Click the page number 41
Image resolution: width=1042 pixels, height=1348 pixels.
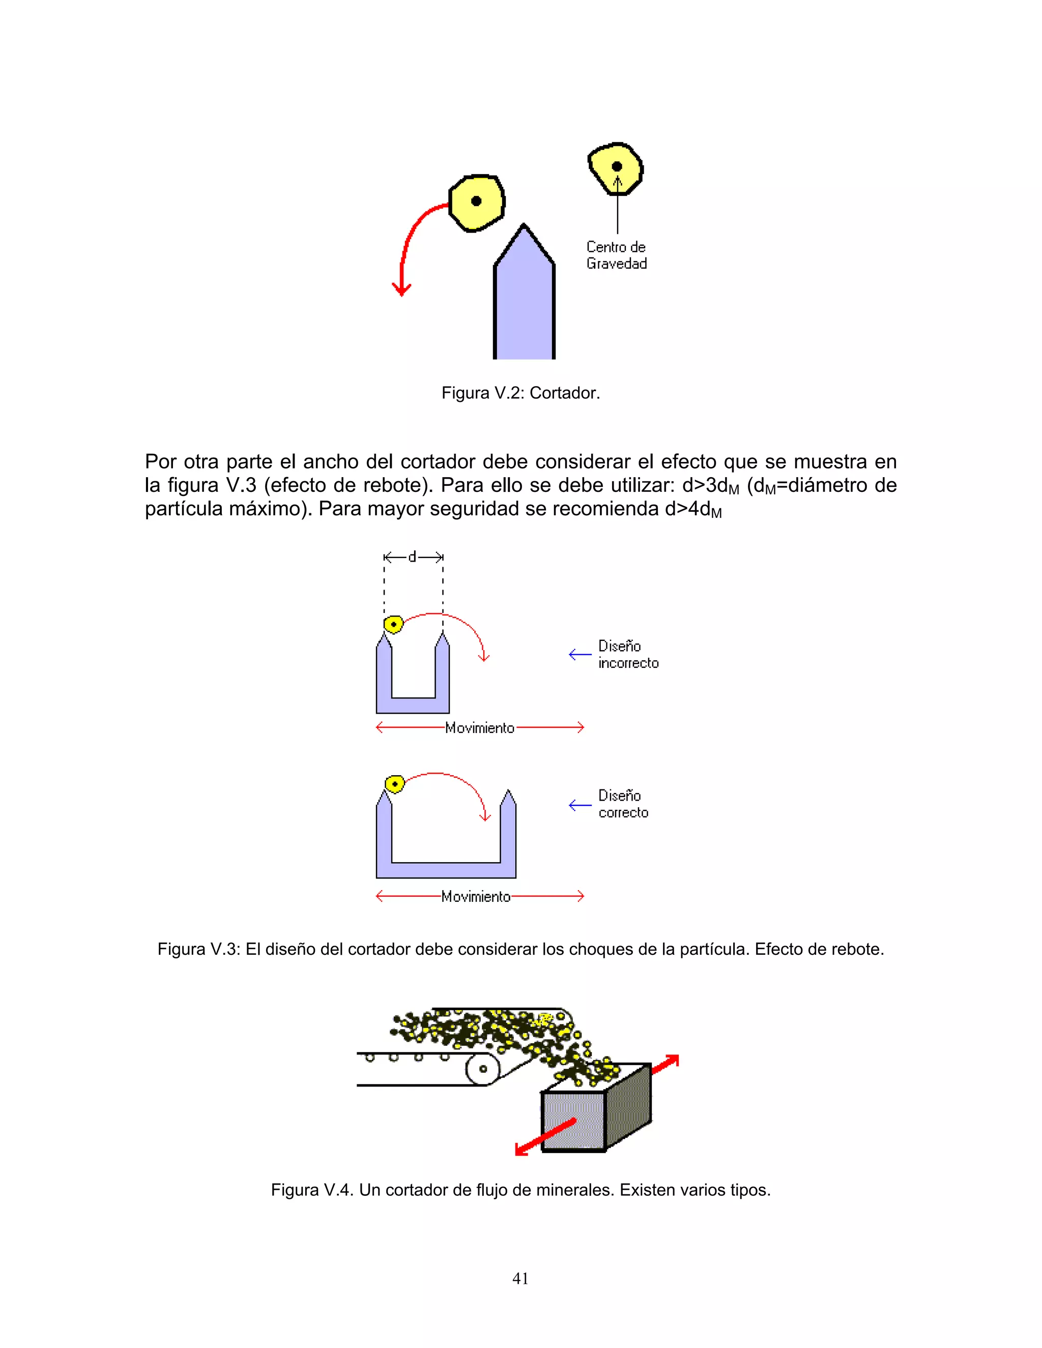pyautogui.click(x=520, y=1278)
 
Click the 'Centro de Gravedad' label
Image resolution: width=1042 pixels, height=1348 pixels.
pyautogui.click(x=616, y=255)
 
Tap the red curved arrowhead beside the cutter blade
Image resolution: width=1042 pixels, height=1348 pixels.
pyautogui.click(x=401, y=289)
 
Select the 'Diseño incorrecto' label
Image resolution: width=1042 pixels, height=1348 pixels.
pyautogui.click(x=628, y=654)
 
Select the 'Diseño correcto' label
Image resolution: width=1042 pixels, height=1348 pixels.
pyautogui.click(x=623, y=804)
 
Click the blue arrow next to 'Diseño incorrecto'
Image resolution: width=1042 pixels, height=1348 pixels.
pyautogui.click(x=580, y=654)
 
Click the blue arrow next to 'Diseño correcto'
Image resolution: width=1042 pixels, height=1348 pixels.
pyautogui.click(x=580, y=805)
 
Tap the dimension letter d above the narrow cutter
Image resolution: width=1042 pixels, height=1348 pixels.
pyautogui.click(x=412, y=556)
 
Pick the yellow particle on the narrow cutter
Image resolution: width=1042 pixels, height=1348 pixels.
pyautogui.click(x=393, y=624)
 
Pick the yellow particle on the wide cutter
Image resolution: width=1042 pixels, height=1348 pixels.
pyautogui.click(x=394, y=784)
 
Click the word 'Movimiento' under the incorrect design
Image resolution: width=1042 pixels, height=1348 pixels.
pyautogui.click(x=480, y=728)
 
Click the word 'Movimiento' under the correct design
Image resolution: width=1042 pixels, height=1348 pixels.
pyautogui.click(x=476, y=896)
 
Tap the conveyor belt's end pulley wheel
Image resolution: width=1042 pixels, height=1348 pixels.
pyautogui.click(x=483, y=1069)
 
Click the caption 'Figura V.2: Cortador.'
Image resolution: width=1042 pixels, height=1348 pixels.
pyautogui.click(x=520, y=393)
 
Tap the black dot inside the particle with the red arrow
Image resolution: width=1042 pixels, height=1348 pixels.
pyautogui.click(x=476, y=200)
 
